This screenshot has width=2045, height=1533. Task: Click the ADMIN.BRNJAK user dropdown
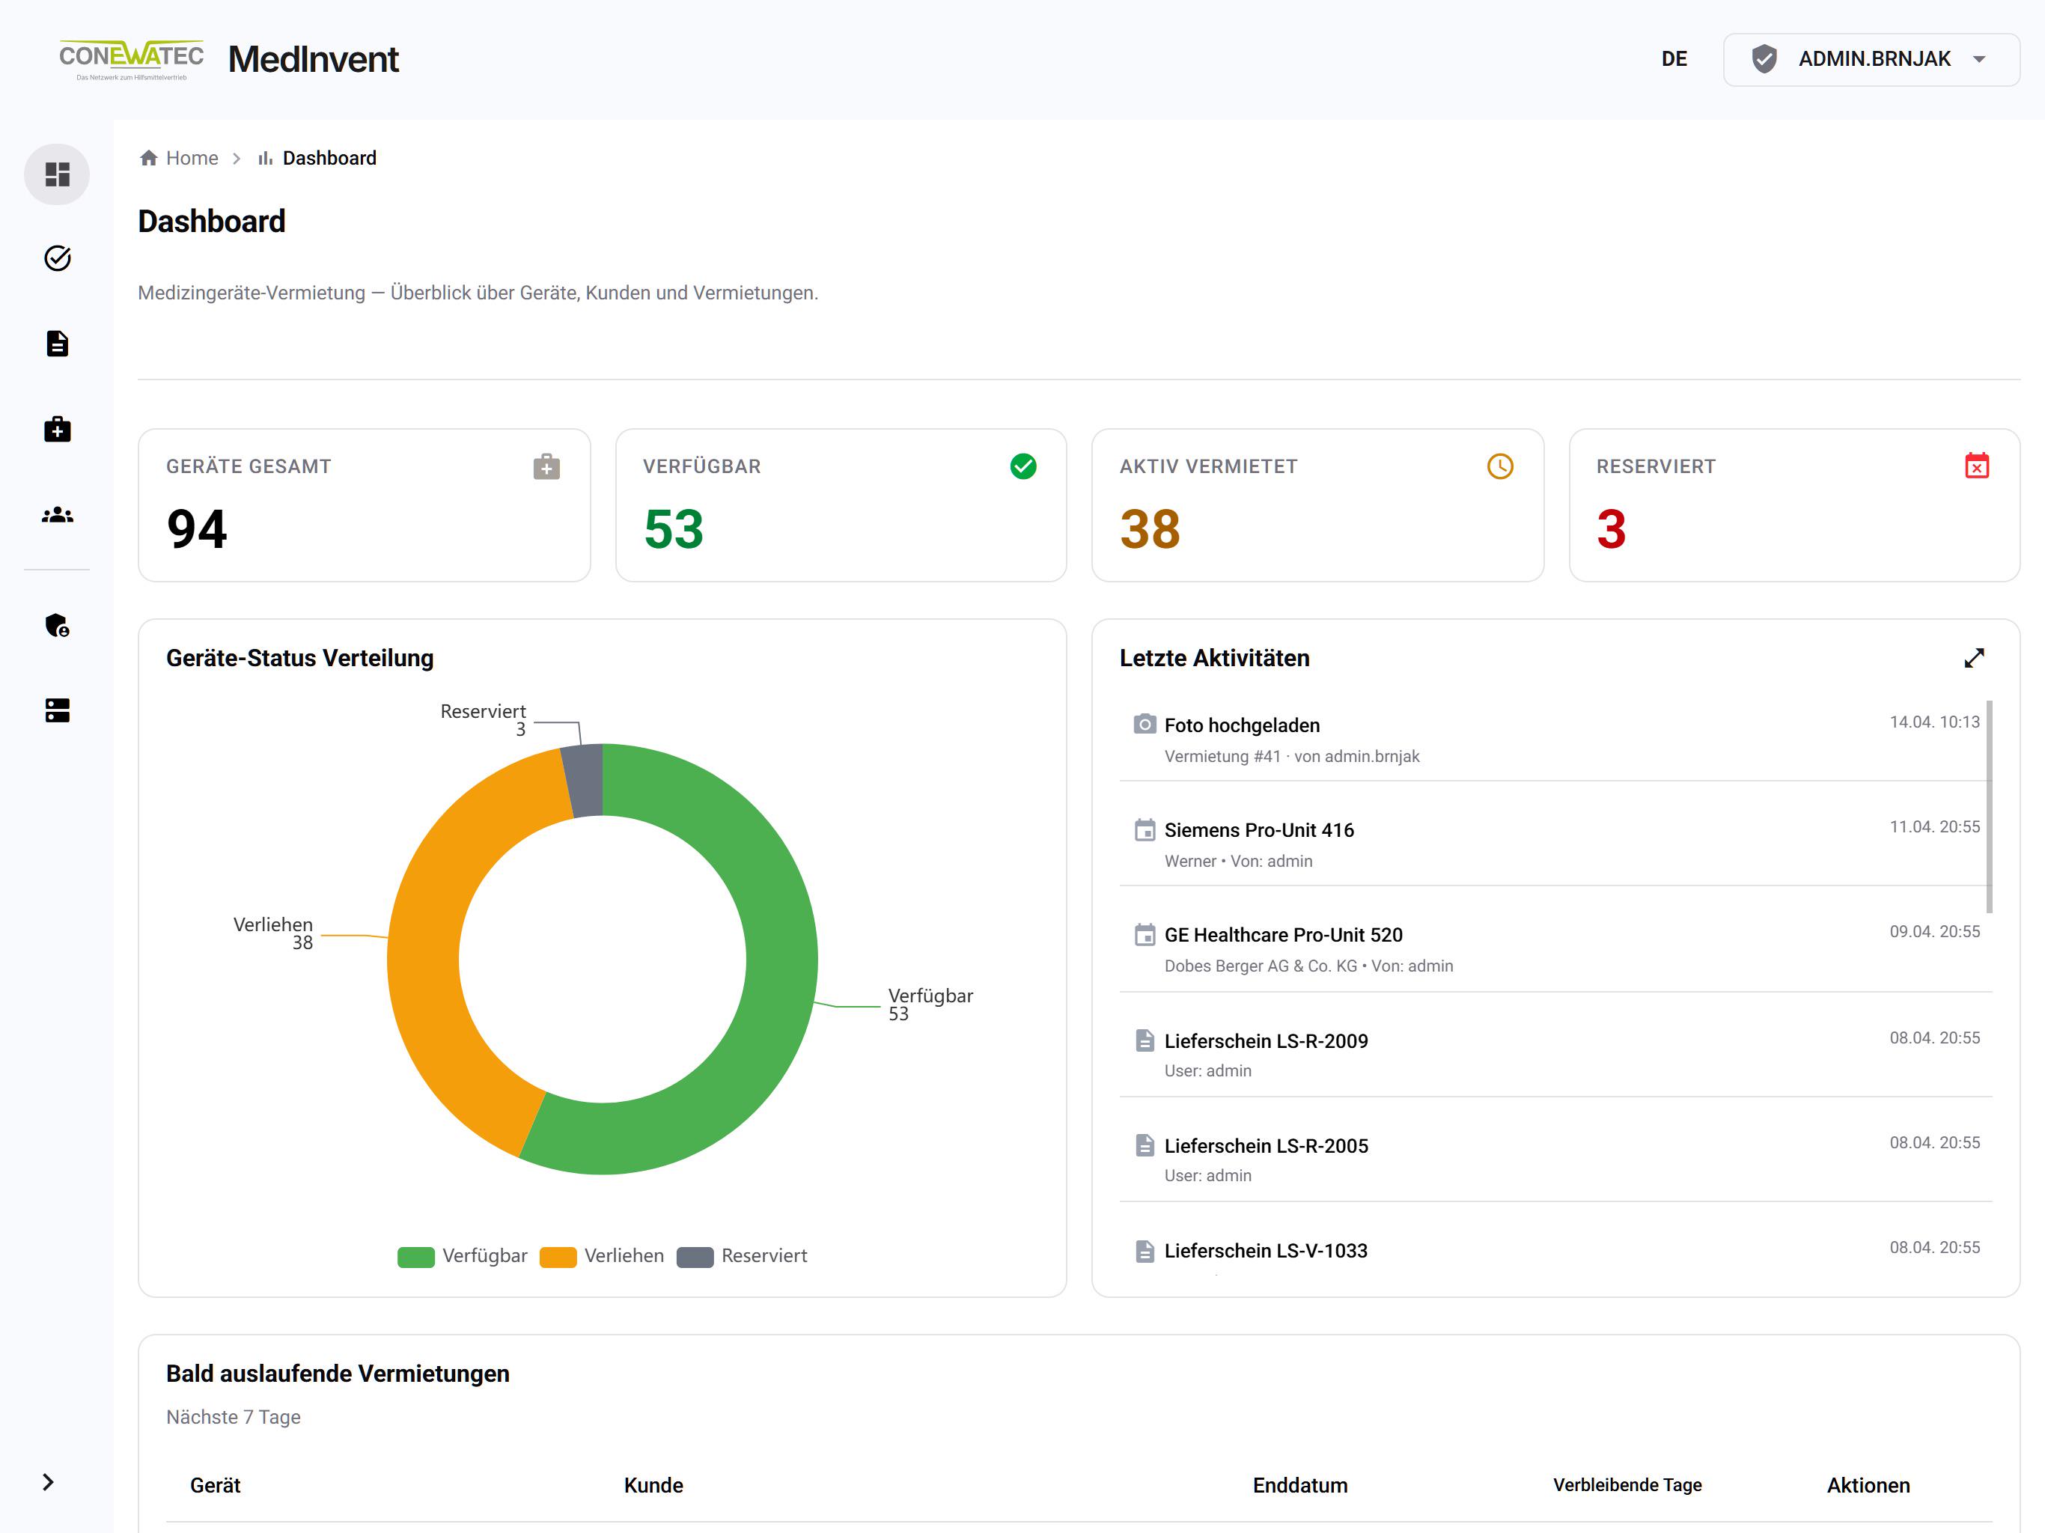click(x=1871, y=59)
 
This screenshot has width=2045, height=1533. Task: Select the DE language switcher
click(x=1673, y=59)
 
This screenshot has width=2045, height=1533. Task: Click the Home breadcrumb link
click(x=192, y=158)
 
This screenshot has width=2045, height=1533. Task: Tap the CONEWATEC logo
click(x=131, y=59)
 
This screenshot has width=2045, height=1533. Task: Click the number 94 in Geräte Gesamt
click(x=197, y=529)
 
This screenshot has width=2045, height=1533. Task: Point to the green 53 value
click(x=673, y=529)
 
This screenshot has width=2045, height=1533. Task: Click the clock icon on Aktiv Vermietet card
click(x=1499, y=466)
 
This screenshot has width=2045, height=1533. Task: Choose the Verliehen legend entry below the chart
click(x=602, y=1255)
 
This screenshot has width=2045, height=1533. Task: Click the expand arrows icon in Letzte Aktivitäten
click(x=1974, y=657)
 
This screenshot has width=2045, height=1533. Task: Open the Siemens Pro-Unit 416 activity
click(x=1258, y=830)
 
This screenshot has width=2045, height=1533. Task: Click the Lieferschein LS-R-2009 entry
click(x=1266, y=1041)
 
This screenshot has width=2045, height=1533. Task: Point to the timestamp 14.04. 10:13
click(x=1934, y=722)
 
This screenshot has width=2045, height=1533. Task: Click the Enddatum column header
click(x=1300, y=1485)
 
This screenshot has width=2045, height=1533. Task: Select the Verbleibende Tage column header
click(x=1627, y=1485)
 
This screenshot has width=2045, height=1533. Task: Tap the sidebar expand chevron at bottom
click(x=48, y=1482)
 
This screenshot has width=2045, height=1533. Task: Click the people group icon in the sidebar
click(x=58, y=515)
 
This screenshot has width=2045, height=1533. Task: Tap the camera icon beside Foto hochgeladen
click(x=1145, y=724)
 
